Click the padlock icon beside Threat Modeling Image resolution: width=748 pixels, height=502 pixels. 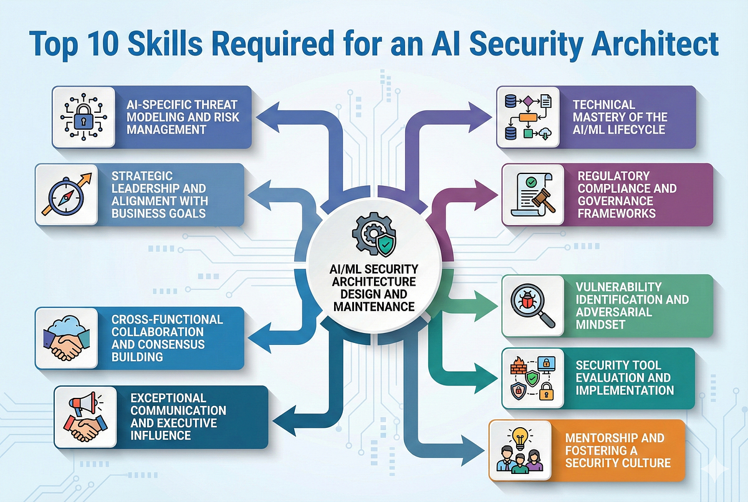[84, 118]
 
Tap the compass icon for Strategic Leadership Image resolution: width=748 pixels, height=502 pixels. [66, 196]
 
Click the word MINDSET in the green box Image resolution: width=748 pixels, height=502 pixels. [600, 325]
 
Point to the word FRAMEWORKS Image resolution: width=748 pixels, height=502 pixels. [616, 213]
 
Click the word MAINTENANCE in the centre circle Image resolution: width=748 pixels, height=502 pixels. [374, 307]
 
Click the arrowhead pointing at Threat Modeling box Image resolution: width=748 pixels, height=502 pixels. [268, 118]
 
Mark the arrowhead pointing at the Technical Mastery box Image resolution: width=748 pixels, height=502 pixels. [480, 118]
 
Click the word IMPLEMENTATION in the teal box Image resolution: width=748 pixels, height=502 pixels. [625, 390]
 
